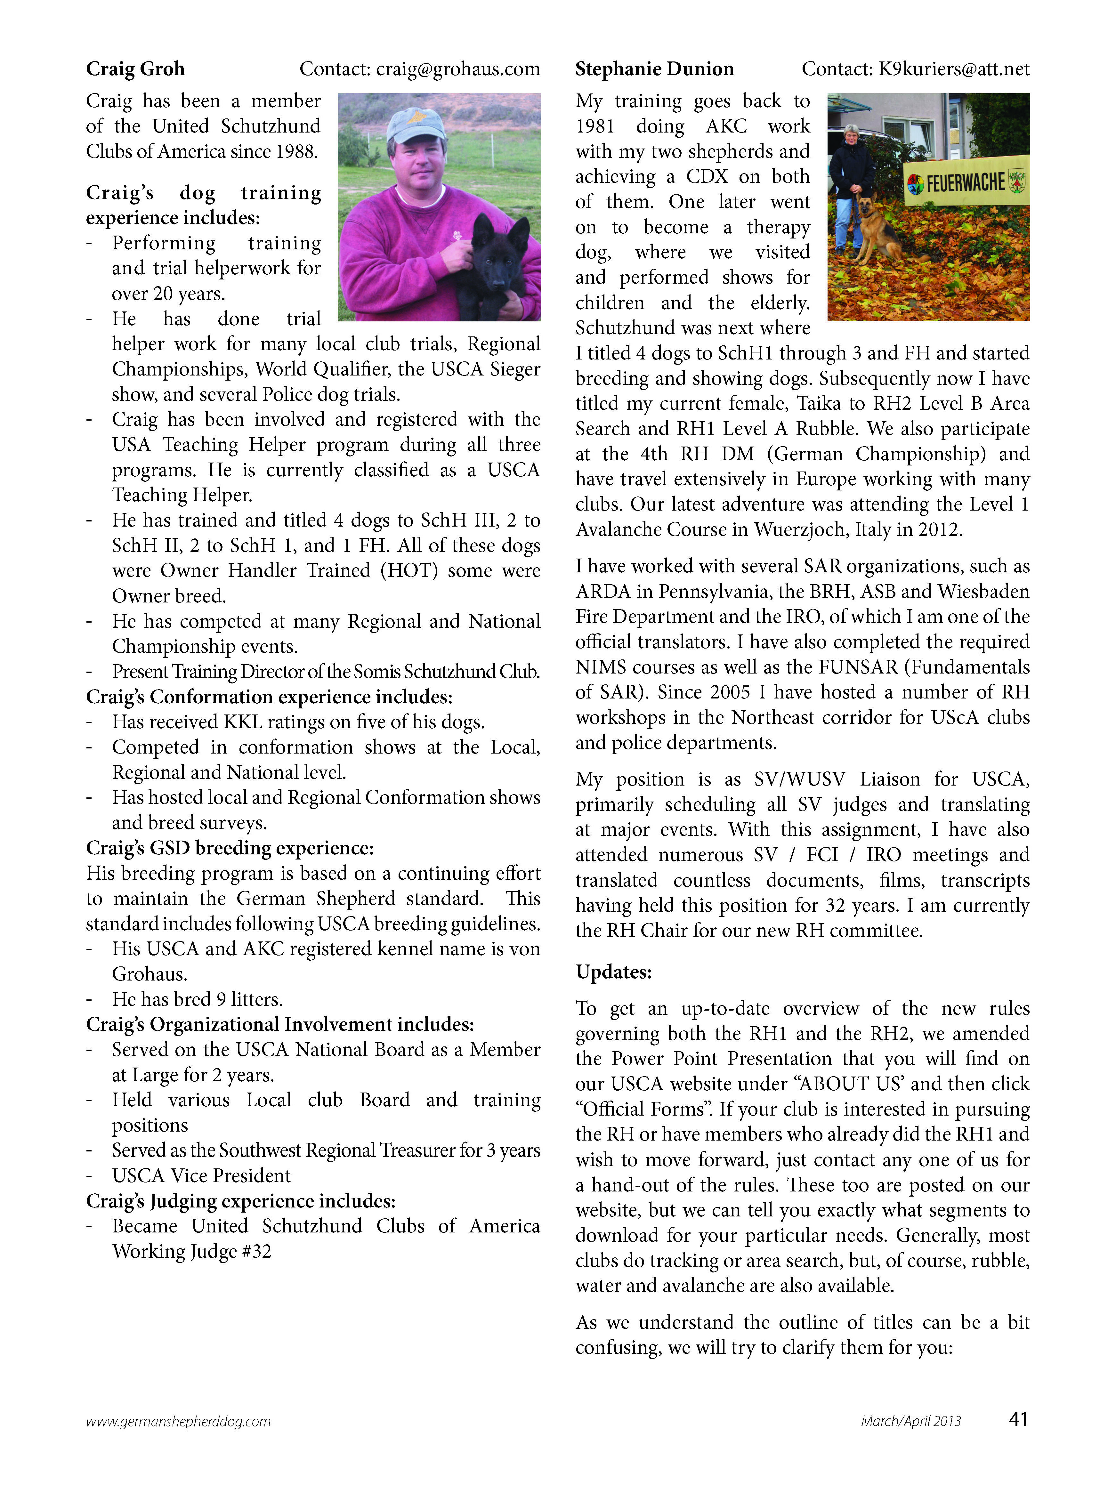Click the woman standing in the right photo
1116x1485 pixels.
point(851,185)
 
